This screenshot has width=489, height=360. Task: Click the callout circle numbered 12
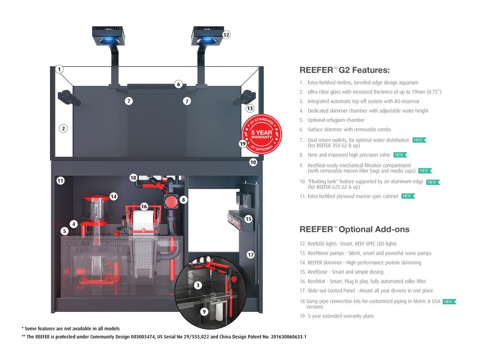(226, 35)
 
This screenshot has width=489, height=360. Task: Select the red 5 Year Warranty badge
(262, 134)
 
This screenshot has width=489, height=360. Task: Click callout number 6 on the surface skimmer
(178, 84)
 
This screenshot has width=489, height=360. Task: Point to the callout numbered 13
(250, 108)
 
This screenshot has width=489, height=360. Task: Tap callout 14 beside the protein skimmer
(113, 197)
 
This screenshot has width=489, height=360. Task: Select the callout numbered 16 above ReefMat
(144, 207)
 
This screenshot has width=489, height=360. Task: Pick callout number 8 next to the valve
(183, 199)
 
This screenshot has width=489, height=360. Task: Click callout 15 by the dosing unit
(248, 219)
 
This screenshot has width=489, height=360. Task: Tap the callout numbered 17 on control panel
(251, 255)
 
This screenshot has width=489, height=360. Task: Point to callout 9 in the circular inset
(204, 312)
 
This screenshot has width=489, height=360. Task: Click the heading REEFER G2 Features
(344, 70)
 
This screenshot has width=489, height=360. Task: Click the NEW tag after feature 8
(400, 155)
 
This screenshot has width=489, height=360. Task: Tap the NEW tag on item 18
(449, 302)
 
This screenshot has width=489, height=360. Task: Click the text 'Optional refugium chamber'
(336, 120)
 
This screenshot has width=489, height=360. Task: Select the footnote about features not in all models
(71, 329)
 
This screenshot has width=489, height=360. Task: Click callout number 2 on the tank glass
(63, 129)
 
